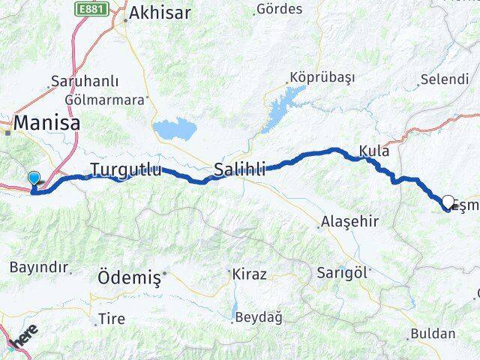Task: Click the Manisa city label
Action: pos(46,122)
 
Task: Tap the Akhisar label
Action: pos(160,13)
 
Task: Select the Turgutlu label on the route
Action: pos(125,169)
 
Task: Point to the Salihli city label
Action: pos(240,169)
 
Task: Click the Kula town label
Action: pos(374,151)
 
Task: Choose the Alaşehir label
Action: pos(349,221)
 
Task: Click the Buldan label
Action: pos(433,333)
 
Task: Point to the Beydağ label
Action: pos(259,317)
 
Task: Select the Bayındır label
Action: pos(38,267)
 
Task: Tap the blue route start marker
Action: pos(34,178)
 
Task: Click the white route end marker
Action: pos(448,201)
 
